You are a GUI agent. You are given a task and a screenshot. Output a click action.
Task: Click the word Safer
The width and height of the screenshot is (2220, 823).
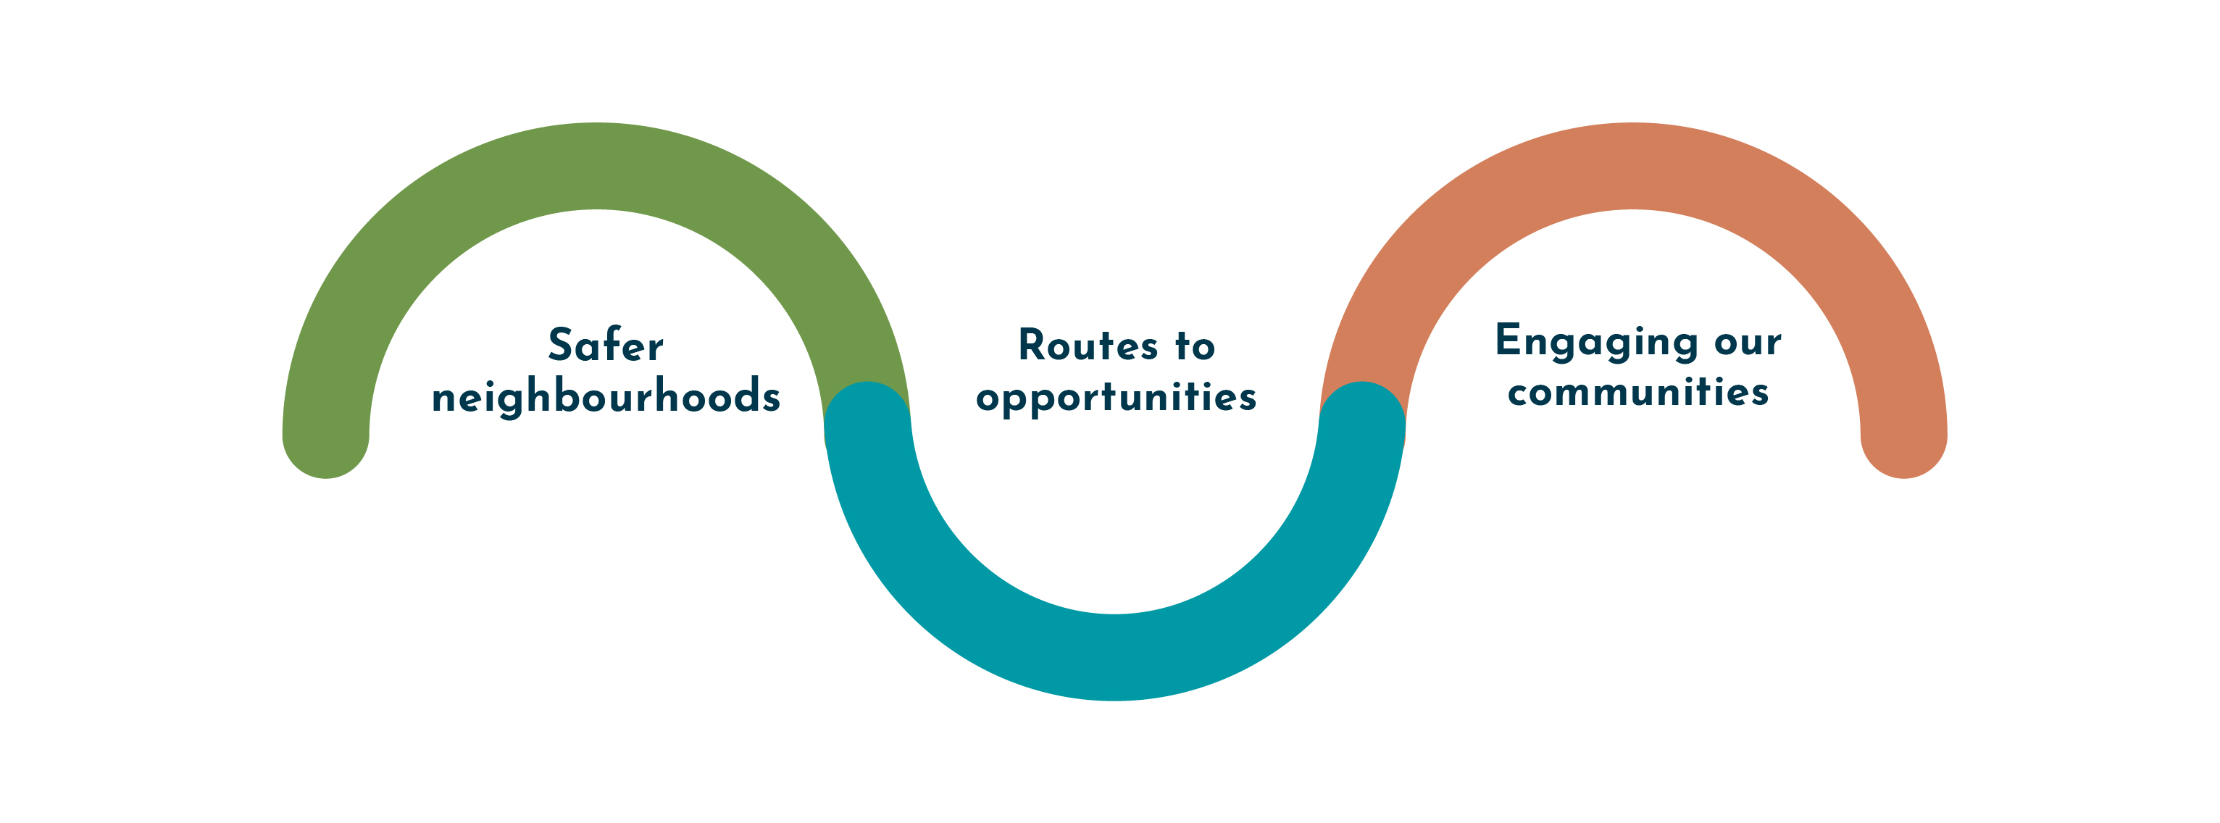point(606,346)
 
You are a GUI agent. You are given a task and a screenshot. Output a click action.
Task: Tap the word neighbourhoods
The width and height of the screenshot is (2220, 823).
point(606,397)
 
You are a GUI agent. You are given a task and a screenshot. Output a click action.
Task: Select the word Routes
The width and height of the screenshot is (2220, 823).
point(1088,346)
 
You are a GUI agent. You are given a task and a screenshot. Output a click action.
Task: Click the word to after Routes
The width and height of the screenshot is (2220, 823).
point(1195,346)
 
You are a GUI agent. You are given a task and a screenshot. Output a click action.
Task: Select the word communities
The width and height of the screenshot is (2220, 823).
point(1638,392)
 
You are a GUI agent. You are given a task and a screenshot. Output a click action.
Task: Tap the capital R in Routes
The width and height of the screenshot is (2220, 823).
point(1032,345)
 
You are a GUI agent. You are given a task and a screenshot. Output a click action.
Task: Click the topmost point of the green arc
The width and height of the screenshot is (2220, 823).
point(596,165)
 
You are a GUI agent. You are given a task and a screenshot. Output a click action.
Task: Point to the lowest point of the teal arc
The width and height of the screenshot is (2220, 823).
point(1114,659)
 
